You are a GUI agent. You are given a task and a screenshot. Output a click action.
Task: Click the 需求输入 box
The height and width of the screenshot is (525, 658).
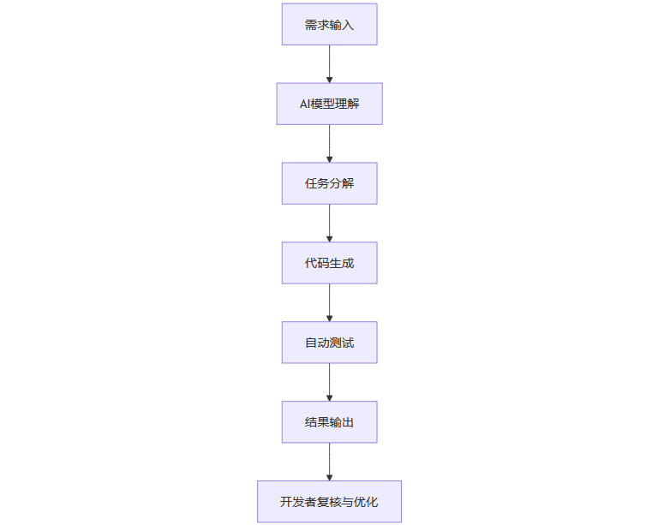329,24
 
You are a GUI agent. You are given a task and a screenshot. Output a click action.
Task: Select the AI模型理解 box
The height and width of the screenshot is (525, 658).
329,104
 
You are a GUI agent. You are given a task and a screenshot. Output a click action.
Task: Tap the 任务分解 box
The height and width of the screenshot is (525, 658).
329,183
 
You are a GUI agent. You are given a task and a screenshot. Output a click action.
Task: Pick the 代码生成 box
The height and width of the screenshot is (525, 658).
329,263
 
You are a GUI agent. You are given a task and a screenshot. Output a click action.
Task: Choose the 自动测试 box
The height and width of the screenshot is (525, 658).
329,343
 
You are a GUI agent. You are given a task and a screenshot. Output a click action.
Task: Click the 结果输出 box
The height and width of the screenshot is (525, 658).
329,422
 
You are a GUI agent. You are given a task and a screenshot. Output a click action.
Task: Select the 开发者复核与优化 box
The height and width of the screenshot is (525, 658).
329,502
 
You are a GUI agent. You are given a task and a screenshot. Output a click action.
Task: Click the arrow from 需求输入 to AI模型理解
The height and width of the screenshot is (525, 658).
329,63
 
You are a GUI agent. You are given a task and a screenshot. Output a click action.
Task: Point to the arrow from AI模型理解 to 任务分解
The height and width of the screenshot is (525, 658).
329,143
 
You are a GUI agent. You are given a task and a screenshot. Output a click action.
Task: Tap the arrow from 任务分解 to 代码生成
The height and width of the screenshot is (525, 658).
329,223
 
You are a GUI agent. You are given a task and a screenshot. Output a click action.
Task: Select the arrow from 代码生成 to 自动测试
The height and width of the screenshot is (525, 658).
329,302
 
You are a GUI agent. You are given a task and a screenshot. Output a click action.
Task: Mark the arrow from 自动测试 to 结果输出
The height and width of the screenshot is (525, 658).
329,382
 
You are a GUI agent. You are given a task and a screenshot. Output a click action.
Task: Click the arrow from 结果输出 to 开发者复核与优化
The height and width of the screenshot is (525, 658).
329,462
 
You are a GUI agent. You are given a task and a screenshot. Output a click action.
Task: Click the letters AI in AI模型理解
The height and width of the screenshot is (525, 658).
304,104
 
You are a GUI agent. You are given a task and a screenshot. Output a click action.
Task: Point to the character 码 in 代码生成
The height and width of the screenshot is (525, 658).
323,263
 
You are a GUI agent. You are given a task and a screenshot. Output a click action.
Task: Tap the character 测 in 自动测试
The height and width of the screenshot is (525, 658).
335,343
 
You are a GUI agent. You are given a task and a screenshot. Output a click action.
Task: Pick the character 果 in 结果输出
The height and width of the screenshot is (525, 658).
323,422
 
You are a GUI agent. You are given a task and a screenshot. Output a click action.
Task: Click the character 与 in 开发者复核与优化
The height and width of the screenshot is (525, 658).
347,502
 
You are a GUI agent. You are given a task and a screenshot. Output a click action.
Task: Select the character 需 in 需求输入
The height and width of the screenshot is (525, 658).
311,24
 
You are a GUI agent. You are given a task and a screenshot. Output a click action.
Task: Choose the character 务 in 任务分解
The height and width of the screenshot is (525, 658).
323,183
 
